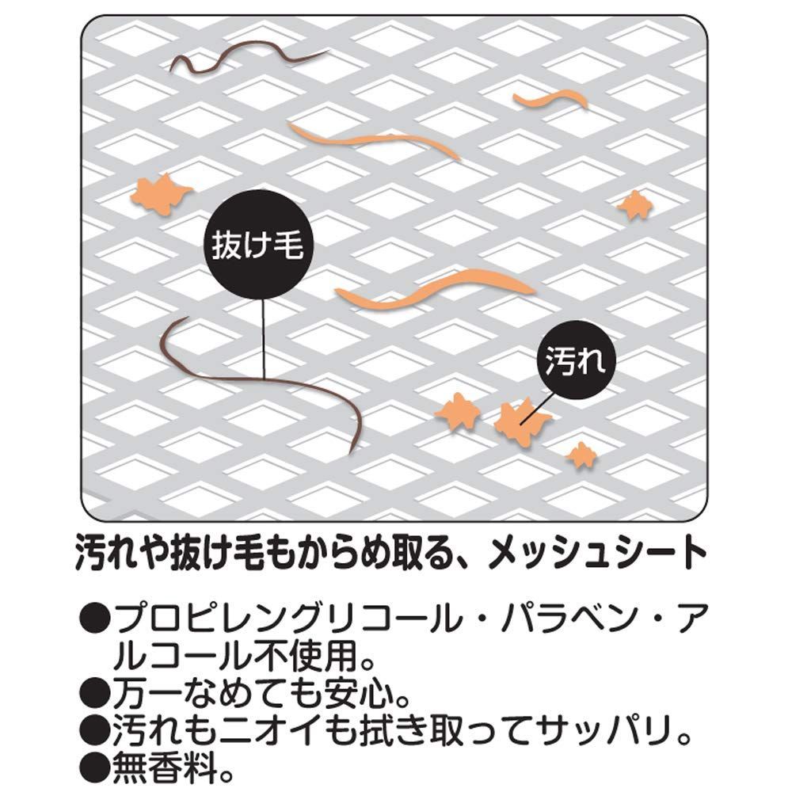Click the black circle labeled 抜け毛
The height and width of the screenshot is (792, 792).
click(x=258, y=245)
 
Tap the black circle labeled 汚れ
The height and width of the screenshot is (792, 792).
click(x=576, y=360)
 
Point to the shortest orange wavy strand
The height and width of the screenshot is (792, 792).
click(x=550, y=100)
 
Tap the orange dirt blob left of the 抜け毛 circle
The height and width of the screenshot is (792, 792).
click(x=161, y=194)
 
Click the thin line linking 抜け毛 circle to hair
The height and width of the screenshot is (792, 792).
click(x=264, y=338)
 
